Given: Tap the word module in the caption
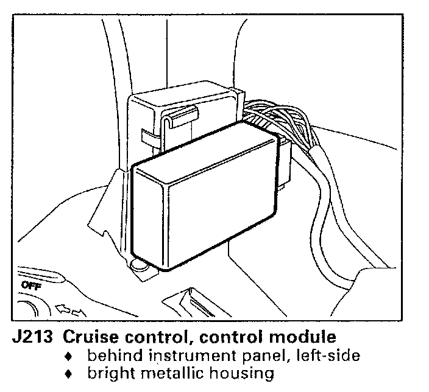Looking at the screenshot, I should click(x=302, y=336).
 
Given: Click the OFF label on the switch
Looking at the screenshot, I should click(x=30, y=285).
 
